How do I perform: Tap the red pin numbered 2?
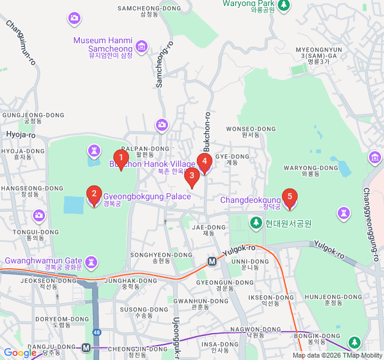(x=94, y=194)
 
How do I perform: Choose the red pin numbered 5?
(x=290, y=197)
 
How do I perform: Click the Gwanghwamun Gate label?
(x=43, y=261)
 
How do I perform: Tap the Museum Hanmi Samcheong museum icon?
(x=142, y=46)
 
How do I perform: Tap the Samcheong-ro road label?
(x=161, y=64)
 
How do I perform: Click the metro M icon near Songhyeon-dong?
(x=212, y=261)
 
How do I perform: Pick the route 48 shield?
(x=97, y=332)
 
